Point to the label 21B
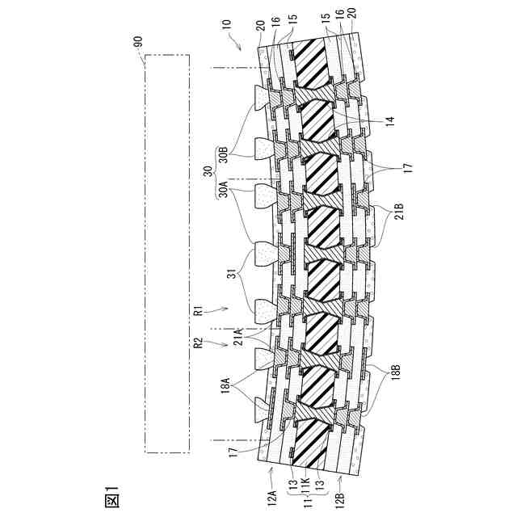pyautogui.click(x=398, y=212)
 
